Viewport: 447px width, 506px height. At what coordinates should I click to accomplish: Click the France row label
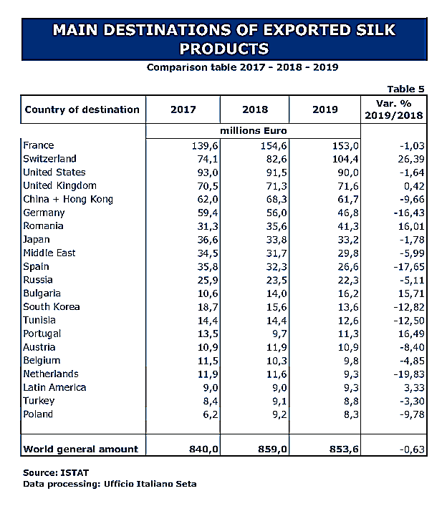coord(39,145)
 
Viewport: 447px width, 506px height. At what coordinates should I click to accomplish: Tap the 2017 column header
coord(183,110)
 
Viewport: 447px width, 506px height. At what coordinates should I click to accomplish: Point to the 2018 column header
coord(255,110)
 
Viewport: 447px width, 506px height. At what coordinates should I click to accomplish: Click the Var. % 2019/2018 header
coord(394,110)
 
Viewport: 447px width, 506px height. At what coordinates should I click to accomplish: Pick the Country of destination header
coord(82,110)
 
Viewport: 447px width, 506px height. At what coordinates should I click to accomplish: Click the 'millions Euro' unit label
coord(255,131)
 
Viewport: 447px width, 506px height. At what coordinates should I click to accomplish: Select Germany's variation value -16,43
coord(406,213)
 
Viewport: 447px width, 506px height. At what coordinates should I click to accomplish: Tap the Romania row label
coord(44,226)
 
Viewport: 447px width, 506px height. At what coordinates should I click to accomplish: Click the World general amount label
coord(80,449)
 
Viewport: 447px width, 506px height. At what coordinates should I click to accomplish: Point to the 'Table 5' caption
coord(405,89)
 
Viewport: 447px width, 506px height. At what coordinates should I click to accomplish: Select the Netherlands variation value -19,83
coord(406,374)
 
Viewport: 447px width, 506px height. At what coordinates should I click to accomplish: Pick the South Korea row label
coord(52,307)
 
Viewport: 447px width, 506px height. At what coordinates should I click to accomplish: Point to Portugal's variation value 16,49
coord(408,334)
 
